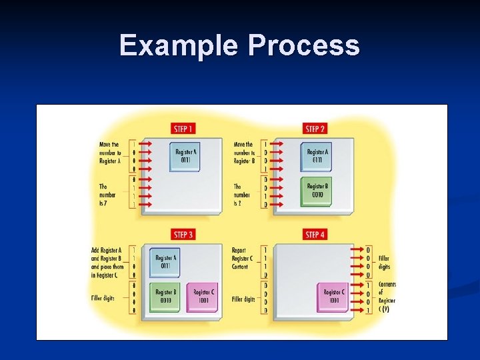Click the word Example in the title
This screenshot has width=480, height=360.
click(180, 46)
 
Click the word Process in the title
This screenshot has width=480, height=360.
click(304, 46)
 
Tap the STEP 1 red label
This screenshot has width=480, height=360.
click(183, 129)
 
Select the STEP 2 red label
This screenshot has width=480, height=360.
click(315, 129)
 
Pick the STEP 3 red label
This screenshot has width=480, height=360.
click(183, 235)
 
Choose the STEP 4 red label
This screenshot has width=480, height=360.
click(315, 235)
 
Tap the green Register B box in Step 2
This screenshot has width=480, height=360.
click(316, 191)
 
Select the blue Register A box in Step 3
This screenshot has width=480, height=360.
click(165, 261)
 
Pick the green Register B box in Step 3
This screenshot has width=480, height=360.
click(165, 296)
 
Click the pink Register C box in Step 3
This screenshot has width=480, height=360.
click(203, 296)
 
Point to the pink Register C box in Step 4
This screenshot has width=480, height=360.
click(333, 296)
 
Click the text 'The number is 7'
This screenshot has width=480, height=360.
click(107, 195)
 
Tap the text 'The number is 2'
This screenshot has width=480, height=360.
click(241, 195)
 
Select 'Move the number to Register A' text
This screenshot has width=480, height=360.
click(109, 152)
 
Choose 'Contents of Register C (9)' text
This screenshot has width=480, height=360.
click(387, 297)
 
